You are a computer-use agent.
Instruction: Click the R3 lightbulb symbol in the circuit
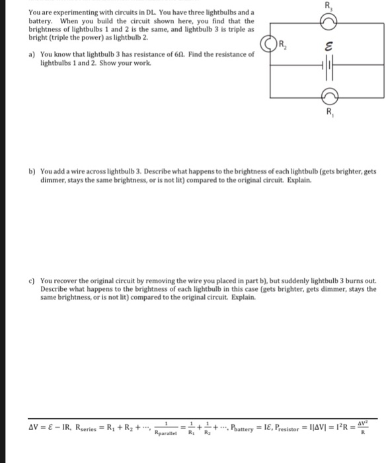328,22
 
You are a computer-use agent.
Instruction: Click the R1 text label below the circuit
328,112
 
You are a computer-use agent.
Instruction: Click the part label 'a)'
31,54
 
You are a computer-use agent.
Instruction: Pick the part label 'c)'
31,280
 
